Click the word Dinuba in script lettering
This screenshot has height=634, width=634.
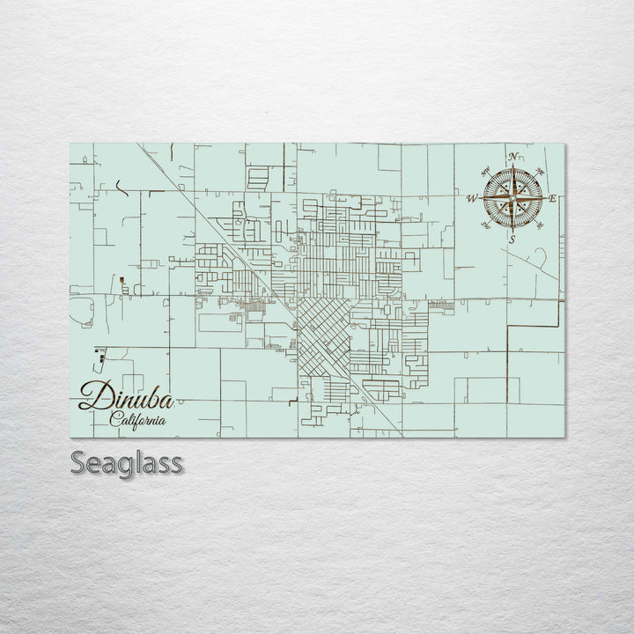(126, 398)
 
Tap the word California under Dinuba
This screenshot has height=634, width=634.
(139, 420)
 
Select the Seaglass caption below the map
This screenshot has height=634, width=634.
(127, 462)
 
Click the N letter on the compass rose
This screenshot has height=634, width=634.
(512, 157)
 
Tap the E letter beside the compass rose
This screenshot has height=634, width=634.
(553, 198)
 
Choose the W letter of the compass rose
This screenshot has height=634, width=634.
(472, 198)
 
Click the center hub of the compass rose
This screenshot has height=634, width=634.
(512, 198)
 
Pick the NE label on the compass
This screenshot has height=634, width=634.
(540, 172)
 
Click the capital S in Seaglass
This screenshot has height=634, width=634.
(79, 462)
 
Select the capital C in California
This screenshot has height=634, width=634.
(115, 419)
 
